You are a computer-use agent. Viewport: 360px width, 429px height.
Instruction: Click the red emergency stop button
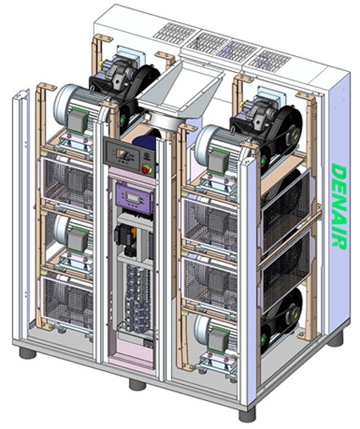[146, 169]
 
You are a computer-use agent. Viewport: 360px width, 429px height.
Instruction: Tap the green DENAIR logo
[338, 206]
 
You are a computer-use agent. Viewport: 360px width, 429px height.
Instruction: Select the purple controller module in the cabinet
[134, 198]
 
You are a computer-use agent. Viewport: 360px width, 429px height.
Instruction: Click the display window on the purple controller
[133, 198]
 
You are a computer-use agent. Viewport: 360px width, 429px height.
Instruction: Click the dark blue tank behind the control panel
[145, 142]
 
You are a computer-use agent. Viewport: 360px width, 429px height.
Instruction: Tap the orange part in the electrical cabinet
[134, 234]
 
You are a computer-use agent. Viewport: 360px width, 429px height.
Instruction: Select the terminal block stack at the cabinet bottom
[138, 299]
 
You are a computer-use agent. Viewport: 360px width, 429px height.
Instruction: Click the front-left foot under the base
[28, 353]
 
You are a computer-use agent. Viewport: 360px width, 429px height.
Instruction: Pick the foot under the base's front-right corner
[247, 414]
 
